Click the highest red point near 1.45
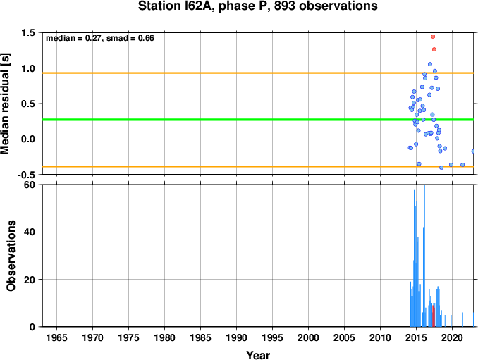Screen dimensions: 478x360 433,37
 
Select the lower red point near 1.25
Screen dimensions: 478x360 434,49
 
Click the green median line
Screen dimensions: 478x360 258,120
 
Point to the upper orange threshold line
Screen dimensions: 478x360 258,73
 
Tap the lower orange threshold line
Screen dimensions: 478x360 258,166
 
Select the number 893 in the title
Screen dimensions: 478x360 284,6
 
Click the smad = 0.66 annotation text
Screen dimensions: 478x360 130,38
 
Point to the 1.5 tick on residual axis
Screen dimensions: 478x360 27,33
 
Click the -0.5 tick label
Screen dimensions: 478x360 26,175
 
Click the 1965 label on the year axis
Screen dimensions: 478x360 56,337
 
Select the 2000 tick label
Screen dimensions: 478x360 309,337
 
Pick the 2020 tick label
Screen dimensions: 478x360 453,337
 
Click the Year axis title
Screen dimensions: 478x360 258,355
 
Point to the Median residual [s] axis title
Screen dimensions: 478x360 5,104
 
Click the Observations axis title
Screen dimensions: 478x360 11,256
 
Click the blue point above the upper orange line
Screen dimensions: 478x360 430,64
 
